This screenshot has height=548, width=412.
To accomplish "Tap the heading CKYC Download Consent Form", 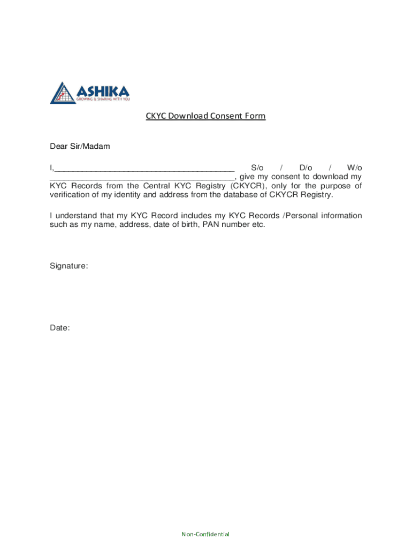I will [206, 116].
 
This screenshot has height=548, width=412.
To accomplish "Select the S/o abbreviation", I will [257, 168].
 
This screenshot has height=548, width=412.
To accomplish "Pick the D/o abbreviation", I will [306, 168].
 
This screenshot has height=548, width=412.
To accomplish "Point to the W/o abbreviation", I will [354, 168].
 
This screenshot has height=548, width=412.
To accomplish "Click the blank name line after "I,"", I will [144, 168].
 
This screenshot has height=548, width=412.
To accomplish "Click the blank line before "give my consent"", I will [142, 177].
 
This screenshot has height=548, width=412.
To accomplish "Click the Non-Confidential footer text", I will [205, 534].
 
